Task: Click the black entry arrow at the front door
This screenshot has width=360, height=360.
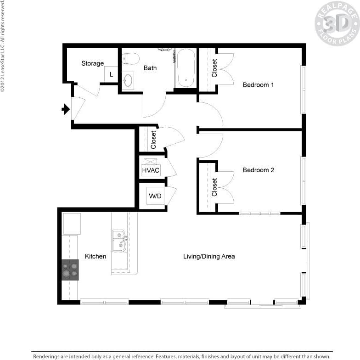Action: (66, 109)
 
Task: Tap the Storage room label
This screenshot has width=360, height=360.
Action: (92, 63)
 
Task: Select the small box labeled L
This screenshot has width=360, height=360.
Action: (111, 73)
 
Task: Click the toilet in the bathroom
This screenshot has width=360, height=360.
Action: (131, 59)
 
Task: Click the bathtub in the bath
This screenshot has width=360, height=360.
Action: (186, 68)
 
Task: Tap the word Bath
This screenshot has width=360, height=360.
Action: (150, 68)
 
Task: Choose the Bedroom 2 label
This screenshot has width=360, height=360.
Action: (258, 170)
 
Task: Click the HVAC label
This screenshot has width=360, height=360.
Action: (151, 170)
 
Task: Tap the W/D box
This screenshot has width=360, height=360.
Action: (155, 196)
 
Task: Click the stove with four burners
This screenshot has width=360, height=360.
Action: (70, 270)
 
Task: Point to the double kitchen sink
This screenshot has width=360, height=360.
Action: (119, 241)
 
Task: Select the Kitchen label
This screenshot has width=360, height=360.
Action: (96, 256)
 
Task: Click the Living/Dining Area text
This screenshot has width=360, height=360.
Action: (209, 256)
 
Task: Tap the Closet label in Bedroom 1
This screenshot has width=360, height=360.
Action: (214, 68)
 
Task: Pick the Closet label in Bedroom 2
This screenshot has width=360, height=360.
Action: (214, 187)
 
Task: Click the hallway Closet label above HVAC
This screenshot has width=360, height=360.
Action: (153, 140)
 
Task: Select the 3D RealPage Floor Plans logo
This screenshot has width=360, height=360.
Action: (337, 23)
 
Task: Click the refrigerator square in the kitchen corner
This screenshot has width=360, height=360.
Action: (72, 224)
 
